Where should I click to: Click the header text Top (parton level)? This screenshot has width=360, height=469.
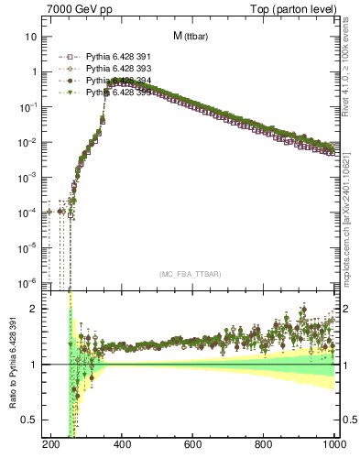click(x=291, y=8)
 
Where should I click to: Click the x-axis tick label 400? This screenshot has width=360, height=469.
click(x=122, y=445)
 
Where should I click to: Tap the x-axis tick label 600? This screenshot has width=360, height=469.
click(x=193, y=445)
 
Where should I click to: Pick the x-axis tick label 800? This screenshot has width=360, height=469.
click(x=265, y=445)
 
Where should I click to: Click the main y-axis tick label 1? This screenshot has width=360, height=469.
click(x=34, y=71)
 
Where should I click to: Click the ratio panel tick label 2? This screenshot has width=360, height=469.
click(x=34, y=309)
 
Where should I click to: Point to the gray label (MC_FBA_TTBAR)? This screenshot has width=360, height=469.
click(x=190, y=274)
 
